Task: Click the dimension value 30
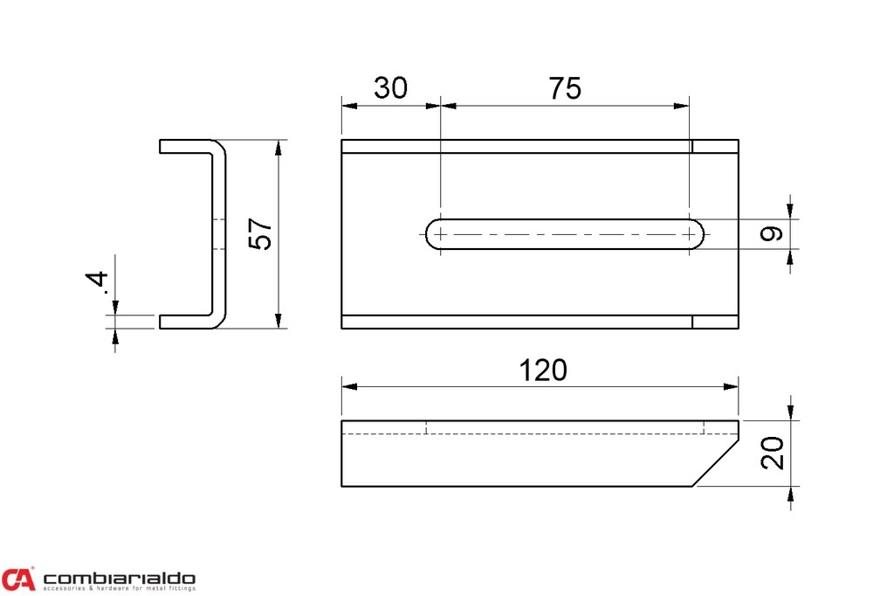click(390, 88)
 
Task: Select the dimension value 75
click(565, 88)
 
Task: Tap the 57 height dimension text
click(261, 234)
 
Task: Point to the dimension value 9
click(770, 234)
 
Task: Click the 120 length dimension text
click(543, 371)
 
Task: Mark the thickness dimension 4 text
click(98, 282)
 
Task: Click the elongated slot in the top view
click(567, 234)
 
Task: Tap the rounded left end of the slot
click(432, 234)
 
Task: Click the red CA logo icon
click(18, 579)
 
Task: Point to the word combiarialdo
click(119, 578)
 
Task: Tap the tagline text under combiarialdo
click(119, 589)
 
